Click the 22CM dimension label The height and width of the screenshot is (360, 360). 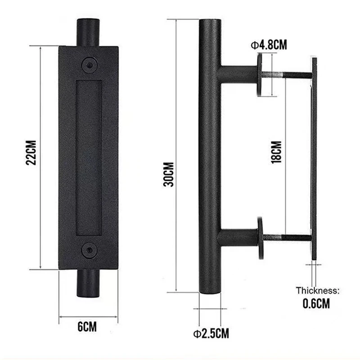point(31,153)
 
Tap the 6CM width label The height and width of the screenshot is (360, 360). point(87,327)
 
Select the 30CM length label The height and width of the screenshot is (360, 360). point(169,175)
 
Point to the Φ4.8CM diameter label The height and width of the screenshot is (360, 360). point(269,45)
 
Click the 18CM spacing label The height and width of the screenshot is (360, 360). point(276,152)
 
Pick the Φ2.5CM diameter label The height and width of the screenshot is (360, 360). point(211,333)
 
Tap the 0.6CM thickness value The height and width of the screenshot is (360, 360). point(316,303)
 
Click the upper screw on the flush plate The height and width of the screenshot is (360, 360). point(89,65)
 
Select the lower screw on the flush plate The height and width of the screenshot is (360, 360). point(89,250)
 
